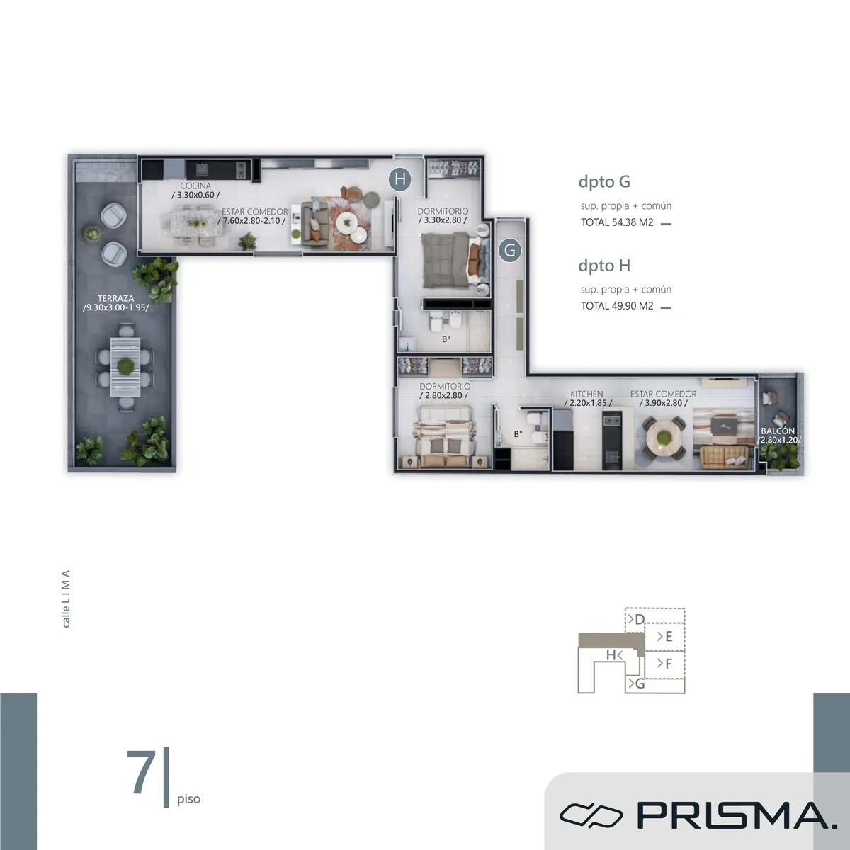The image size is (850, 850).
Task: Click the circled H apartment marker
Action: (400, 180)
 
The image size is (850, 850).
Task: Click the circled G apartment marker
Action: (510, 251)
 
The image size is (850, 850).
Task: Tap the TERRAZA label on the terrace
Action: (116, 298)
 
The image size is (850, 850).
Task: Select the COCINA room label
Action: (195, 186)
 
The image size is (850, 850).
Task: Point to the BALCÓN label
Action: (778, 431)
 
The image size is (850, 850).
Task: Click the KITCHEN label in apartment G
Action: (586, 393)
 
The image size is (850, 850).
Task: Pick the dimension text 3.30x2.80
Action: (443, 220)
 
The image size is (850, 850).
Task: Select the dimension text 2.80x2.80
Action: (443, 396)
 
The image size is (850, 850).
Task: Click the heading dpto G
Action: (604, 181)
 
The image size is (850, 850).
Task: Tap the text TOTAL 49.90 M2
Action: (617, 306)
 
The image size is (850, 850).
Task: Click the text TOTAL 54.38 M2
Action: (617, 222)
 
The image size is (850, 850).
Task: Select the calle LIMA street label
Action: (66, 599)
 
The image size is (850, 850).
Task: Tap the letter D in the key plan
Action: (640, 619)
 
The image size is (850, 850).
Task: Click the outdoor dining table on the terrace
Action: (125, 366)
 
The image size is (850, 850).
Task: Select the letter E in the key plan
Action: (669, 637)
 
